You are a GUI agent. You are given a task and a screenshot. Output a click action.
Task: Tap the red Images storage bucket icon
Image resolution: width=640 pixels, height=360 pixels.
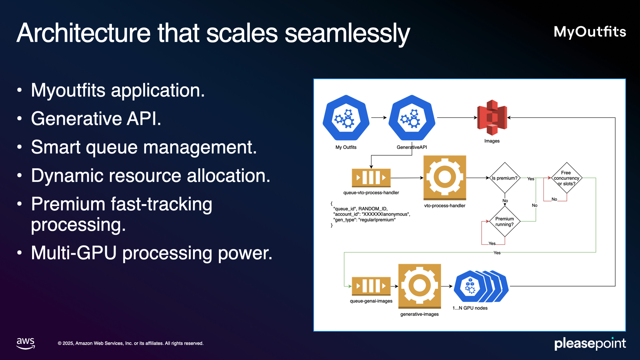click(x=492, y=118)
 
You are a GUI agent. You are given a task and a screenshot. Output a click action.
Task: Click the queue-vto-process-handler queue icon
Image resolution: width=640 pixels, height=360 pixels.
click(x=371, y=178)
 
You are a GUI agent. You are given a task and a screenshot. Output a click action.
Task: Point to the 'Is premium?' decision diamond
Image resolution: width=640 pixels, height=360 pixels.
click(x=504, y=178)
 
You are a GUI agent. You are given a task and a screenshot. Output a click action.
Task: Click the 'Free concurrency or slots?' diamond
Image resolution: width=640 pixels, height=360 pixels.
click(x=567, y=178)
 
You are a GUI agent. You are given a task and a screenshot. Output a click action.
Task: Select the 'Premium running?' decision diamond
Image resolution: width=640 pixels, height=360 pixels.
click(x=504, y=221)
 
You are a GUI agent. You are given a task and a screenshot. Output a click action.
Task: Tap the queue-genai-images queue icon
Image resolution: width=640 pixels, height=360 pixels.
click(x=371, y=286)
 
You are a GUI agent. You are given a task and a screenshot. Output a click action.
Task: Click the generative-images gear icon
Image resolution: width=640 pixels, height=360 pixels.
click(x=420, y=286)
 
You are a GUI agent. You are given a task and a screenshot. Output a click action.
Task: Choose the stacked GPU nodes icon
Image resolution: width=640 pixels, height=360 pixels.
click(x=481, y=286)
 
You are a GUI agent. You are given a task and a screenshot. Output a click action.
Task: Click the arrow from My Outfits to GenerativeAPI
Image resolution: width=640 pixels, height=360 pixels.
click(x=379, y=118)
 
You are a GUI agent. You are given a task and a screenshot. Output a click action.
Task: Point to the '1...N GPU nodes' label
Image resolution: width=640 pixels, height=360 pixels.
click(x=470, y=308)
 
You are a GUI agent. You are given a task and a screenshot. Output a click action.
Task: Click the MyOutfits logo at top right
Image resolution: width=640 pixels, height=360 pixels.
click(x=590, y=32)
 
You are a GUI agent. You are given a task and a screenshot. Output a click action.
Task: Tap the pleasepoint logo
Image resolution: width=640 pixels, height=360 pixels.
click(x=590, y=343)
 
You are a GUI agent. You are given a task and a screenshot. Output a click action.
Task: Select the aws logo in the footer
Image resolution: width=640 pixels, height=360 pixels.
click(x=26, y=343)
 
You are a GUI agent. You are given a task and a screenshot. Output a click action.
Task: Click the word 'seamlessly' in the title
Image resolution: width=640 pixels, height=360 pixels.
click(x=347, y=33)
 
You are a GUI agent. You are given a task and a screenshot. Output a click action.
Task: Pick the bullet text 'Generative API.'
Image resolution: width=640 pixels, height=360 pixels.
click(x=96, y=119)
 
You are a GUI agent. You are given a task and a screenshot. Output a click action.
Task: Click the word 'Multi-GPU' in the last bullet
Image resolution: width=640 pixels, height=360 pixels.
click(x=73, y=253)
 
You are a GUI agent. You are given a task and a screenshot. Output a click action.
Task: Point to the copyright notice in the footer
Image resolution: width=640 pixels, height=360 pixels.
click(x=131, y=343)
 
